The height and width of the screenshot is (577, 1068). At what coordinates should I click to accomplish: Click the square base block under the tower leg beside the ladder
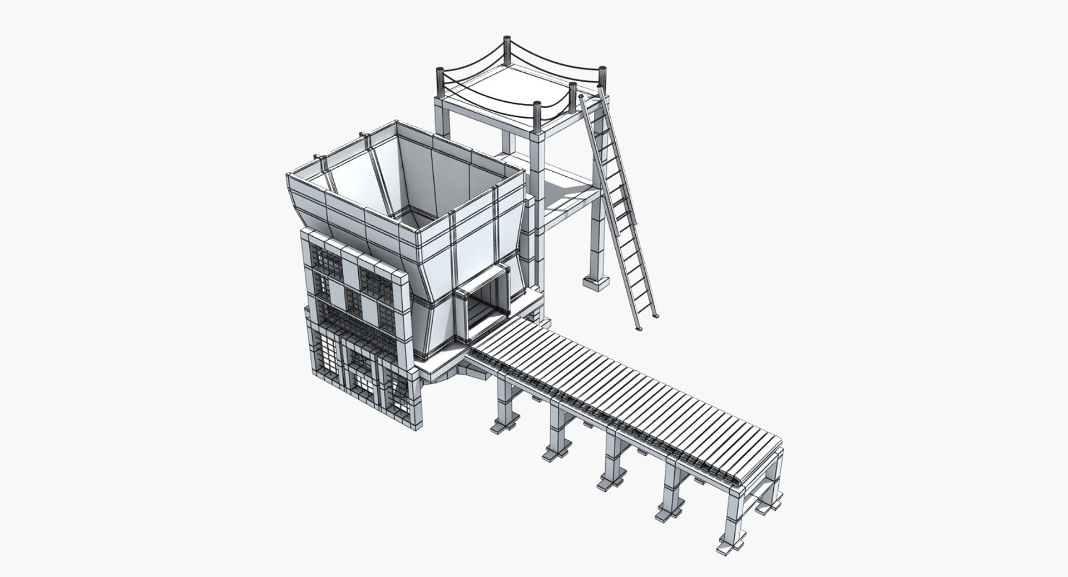click(596, 283)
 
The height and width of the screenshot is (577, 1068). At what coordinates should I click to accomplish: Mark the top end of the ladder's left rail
click(581, 99)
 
